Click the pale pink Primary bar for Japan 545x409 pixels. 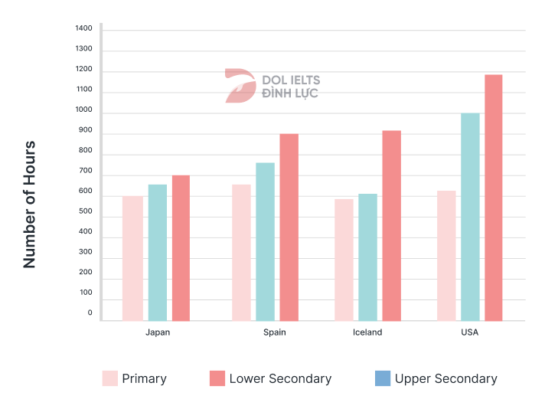[x=132, y=258]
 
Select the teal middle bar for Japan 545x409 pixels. [x=157, y=253]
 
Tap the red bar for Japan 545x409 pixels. [x=181, y=248]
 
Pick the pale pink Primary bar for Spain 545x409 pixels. [x=241, y=253]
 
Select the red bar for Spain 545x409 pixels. [x=289, y=227]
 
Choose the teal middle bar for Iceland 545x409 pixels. [x=367, y=257]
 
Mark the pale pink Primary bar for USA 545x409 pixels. [x=446, y=256]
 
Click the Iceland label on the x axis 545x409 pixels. [x=367, y=333]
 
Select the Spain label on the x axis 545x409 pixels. [x=275, y=333]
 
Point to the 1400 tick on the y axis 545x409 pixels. [x=83, y=29]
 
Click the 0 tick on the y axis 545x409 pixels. [x=90, y=313]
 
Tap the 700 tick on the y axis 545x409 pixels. [x=84, y=171]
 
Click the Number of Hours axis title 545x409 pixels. [x=30, y=204]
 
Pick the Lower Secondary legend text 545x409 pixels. [x=280, y=378]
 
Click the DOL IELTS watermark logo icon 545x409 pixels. [x=240, y=86]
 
